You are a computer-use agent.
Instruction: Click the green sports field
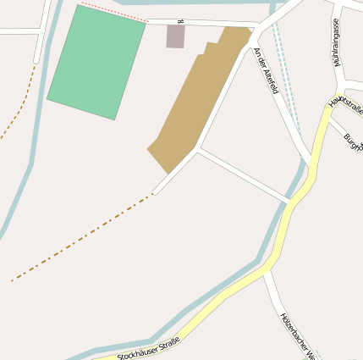pyautogui.click(x=96, y=63)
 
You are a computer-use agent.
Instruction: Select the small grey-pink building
pyautogui.click(x=175, y=36)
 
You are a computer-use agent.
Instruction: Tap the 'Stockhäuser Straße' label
pyautogui.click(x=148, y=347)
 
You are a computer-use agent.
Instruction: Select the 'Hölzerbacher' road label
pyautogui.click(x=297, y=335)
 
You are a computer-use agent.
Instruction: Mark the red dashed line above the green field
pyautogui.click(x=112, y=13)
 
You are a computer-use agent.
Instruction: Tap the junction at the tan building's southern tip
pyautogui.click(x=196, y=150)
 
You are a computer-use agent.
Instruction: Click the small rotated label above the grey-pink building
pyautogui.click(x=180, y=21)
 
